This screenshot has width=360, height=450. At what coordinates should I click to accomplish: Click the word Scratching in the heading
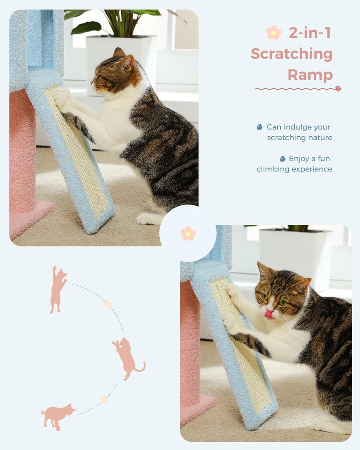291,54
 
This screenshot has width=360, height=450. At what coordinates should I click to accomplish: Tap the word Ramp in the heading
310,75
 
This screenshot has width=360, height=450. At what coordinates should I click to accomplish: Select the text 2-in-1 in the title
309,33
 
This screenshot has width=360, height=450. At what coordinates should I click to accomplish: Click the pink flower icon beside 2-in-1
273,33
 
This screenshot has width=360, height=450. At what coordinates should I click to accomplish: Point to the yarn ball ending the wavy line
338,89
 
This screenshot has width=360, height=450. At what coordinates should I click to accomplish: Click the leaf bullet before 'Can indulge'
259,127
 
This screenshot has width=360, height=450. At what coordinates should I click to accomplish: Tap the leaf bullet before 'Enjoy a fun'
282,159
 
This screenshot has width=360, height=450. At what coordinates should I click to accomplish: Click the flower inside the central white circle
188,233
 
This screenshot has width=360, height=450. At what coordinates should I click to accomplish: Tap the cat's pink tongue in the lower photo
268,314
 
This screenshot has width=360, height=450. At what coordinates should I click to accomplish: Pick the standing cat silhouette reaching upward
58,290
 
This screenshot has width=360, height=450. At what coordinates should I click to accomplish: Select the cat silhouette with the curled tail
128,358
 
